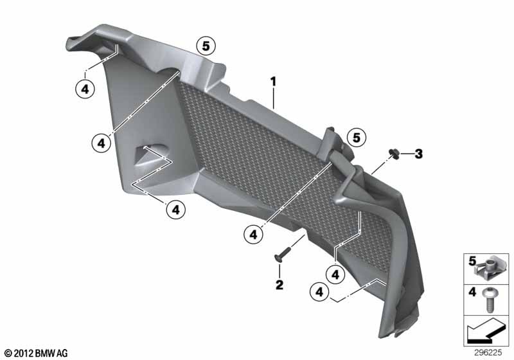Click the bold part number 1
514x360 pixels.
click(273, 82)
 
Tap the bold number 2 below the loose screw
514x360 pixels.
click(279, 285)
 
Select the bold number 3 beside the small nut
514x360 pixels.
click(418, 154)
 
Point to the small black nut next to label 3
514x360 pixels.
click(394, 154)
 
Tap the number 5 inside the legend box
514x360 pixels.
click(472, 261)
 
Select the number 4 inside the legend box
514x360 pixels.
click(472, 291)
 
